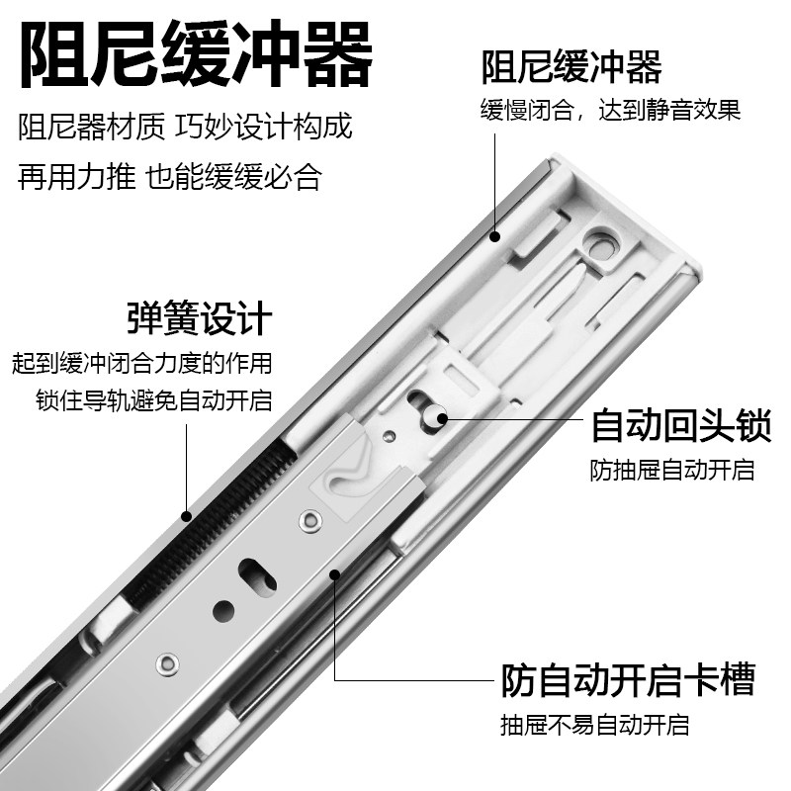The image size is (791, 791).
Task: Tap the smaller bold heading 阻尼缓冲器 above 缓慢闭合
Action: click(x=571, y=68)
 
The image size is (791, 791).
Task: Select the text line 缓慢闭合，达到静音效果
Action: click(x=611, y=110)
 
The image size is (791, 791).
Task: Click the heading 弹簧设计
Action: click(x=199, y=319)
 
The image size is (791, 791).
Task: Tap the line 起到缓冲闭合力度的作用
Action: click(x=139, y=362)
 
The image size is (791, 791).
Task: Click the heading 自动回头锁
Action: click(x=680, y=427)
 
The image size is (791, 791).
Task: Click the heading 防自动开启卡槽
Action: click(x=627, y=680)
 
